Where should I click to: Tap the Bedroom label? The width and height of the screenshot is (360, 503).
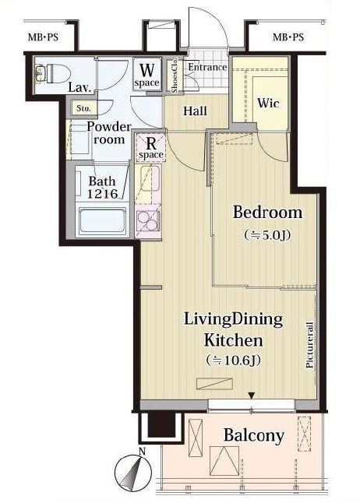[x=267, y=213]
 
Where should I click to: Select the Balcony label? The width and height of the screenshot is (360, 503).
[x=254, y=435]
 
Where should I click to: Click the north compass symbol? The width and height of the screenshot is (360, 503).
[x=133, y=470]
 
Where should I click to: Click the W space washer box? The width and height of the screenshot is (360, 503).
[x=146, y=74]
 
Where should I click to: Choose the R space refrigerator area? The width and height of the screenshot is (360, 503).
[x=151, y=147]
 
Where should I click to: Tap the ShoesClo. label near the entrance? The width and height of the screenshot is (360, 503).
[x=175, y=76]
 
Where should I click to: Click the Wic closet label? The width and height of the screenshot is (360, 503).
[x=268, y=103]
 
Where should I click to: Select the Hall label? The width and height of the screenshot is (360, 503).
[x=196, y=111]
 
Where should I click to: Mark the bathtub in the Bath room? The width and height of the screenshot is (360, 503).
[x=103, y=221]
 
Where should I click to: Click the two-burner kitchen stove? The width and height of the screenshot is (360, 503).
[x=147, y=220]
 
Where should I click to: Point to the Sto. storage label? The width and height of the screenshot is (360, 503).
[x=83, y=109]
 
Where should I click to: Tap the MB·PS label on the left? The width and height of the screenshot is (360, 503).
[x=44, y=37]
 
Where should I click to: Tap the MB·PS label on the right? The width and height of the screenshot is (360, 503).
[x=288, y=37]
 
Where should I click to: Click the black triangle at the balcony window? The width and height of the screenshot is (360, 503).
[x=252, y=396]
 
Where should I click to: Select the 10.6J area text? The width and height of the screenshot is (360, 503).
[x=233, y=361]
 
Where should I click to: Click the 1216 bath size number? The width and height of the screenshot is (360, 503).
[x=102, y=194]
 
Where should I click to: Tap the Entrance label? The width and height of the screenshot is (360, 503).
[x=207, y=68]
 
